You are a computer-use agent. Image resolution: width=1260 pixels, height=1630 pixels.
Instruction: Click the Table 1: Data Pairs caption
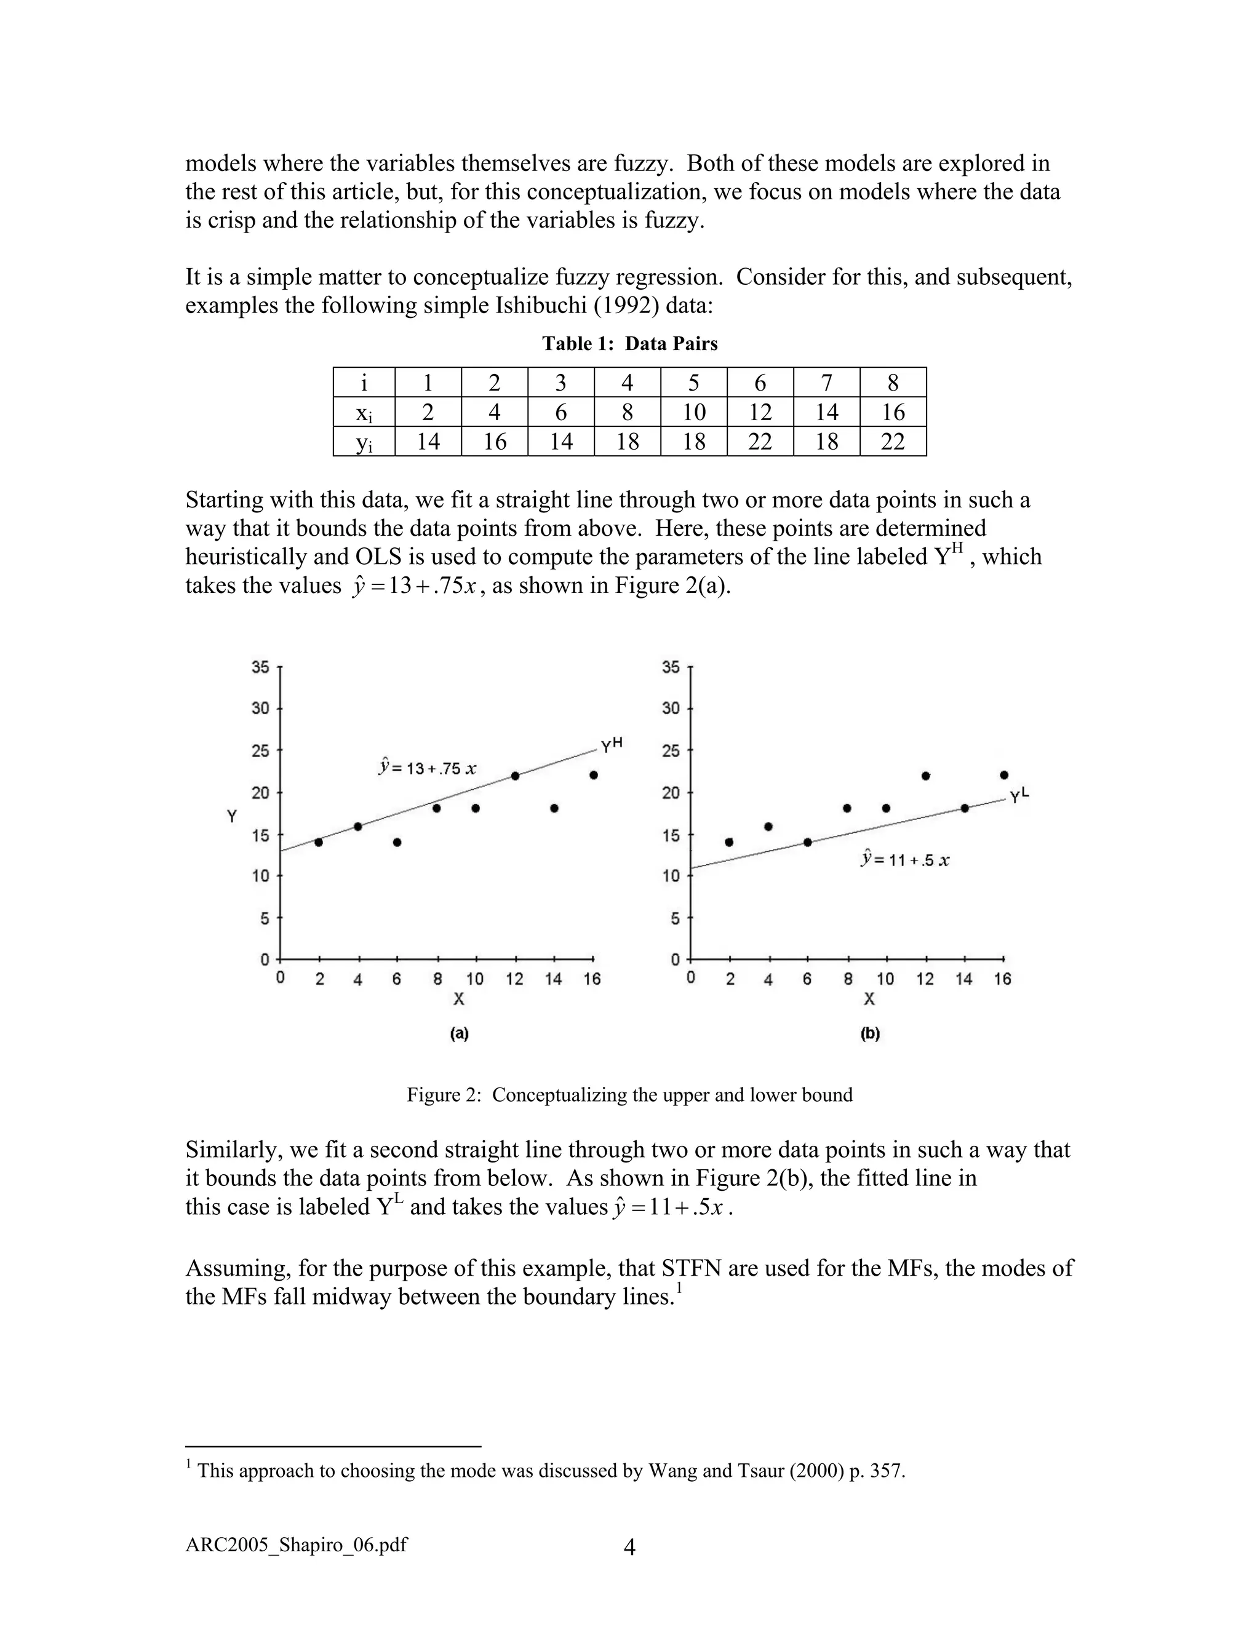(x=629, y=343)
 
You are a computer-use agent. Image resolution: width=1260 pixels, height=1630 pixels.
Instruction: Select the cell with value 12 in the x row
(x=760, y=412)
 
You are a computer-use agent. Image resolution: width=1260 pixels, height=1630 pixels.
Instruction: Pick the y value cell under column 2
(x=494, y=441)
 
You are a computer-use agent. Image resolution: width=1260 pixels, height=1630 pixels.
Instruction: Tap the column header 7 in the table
(x=826, y=383)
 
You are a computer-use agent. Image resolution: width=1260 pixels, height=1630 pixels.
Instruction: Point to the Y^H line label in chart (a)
(x=612, y=745)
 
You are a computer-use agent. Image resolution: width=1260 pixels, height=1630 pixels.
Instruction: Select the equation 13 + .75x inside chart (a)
(x=427, y=768)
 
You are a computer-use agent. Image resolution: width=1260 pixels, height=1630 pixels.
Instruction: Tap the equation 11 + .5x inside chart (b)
(x=904, y=860)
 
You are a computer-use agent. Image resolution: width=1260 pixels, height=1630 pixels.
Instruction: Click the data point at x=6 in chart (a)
(x=397, y=842)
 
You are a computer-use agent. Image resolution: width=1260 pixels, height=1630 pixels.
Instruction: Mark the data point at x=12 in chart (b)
(x=925, y=776)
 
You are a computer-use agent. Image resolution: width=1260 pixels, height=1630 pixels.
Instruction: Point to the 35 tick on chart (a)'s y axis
(x=260, y=667)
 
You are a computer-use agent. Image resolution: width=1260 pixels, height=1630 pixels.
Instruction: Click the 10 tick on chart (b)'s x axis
(x=885, y=979)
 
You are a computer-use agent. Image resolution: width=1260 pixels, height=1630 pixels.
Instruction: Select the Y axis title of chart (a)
(x=232, y=816)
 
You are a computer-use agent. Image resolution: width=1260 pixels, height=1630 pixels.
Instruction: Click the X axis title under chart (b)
(x=869, y=998)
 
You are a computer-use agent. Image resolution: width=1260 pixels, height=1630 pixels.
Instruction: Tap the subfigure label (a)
(x=459, y=1034)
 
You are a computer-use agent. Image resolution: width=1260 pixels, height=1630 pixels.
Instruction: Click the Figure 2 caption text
(x=629, y=1095)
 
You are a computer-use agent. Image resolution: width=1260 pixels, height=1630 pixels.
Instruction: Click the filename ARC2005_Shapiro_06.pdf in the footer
(x=297, y=1544)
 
